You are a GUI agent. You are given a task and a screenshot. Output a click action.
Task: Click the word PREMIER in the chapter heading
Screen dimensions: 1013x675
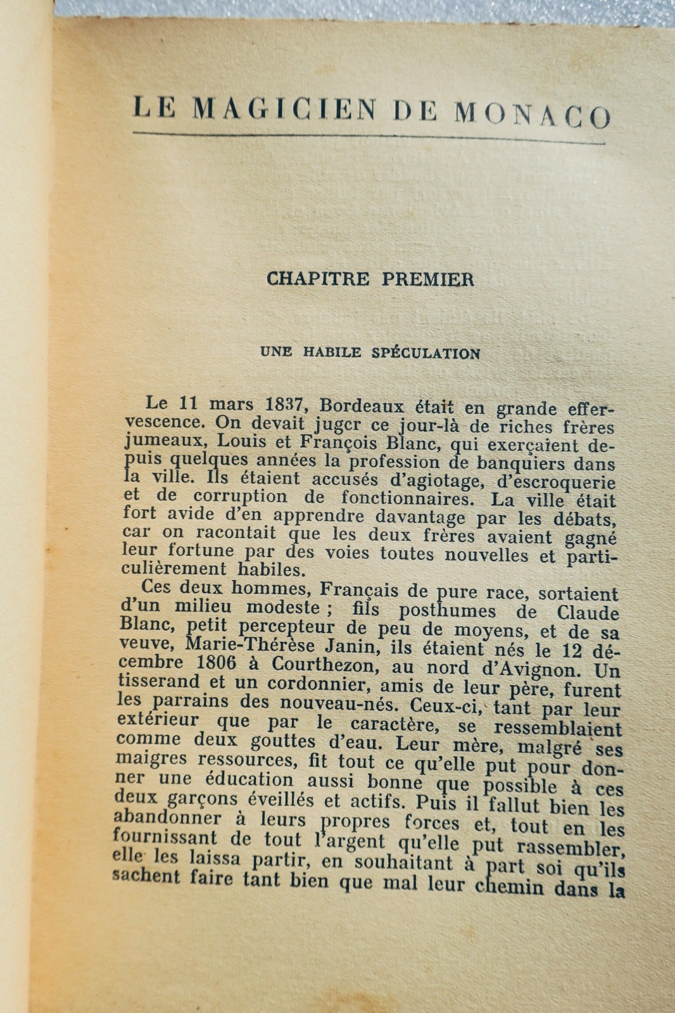click(427, 280)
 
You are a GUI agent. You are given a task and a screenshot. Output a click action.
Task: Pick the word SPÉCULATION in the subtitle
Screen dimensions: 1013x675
click(426, 353)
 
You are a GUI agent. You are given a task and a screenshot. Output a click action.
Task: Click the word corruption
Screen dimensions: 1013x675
click(240, 496)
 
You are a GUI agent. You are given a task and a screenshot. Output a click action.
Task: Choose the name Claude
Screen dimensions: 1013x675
click(588, 612)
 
